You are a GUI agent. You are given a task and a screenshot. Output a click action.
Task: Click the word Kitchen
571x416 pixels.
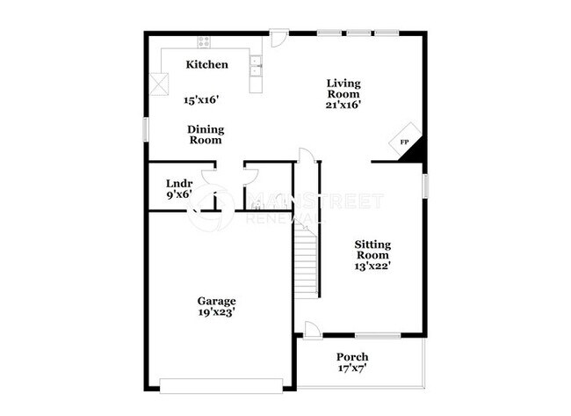(207, 64)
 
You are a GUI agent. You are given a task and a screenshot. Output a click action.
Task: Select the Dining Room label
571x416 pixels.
(205, 134)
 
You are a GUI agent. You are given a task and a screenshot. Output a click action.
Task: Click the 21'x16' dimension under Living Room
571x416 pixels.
(343, 105)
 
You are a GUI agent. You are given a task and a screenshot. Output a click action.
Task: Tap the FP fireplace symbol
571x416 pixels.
(405, 142)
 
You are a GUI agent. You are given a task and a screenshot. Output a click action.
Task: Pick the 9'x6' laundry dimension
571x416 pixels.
(179, 196)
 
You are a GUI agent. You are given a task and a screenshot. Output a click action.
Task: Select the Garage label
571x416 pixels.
(216, 301)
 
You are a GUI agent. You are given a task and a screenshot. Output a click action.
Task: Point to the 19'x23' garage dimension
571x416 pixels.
(216, 312)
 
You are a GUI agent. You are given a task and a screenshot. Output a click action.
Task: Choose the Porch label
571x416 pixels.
(352, 357)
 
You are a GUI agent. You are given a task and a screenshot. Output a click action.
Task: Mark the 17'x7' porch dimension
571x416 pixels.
(352, 369)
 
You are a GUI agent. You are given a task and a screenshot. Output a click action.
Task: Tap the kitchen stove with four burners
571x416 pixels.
(205, 40)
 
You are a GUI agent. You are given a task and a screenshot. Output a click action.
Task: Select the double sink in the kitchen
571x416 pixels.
(255, 62)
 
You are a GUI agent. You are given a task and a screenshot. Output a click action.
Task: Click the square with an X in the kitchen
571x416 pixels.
(158, 84)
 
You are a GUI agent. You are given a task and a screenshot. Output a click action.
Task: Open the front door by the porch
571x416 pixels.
(312, 330)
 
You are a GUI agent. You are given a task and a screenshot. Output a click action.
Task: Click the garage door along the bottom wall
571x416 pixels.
(221, 383)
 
